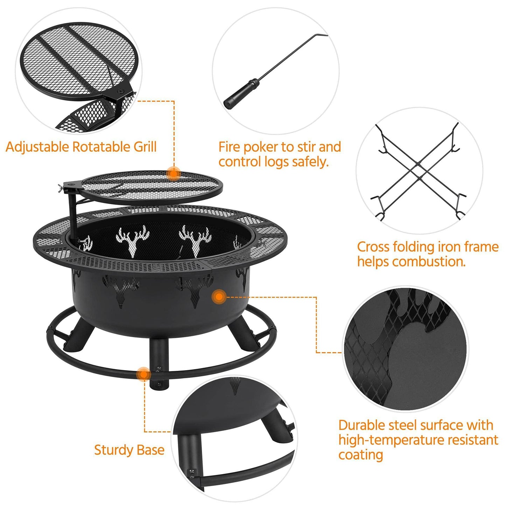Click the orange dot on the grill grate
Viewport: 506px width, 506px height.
tap(173, 173)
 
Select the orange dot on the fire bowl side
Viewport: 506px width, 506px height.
tap(219, 297)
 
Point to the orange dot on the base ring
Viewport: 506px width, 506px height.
tap(143, 374)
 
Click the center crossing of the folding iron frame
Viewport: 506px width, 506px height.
tap(418, 171)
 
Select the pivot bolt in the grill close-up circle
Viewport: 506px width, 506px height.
tap(121, 91)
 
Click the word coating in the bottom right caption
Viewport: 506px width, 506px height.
tap(360, 455)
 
